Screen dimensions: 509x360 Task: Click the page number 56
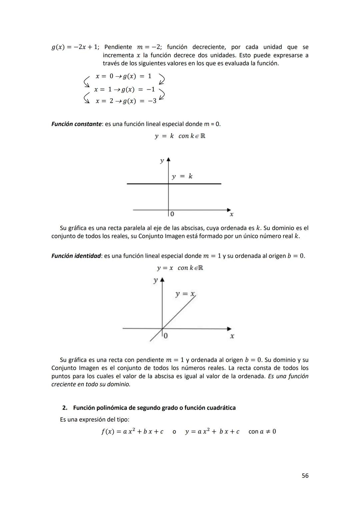305,476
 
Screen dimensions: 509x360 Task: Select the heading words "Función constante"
76,124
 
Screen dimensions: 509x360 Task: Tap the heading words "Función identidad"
76,256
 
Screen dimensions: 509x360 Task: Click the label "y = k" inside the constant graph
182,176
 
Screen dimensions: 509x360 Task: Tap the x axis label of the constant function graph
232,215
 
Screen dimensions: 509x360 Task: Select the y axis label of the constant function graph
162,161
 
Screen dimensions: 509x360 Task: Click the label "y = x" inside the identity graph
185,294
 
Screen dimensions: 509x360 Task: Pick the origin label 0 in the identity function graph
166,336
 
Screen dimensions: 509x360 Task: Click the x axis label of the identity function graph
232,336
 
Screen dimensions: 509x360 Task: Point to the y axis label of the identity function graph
155,280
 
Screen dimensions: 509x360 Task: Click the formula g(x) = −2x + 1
75,47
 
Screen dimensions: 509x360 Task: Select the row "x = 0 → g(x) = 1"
123,76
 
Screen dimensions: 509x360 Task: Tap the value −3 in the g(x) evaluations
152,101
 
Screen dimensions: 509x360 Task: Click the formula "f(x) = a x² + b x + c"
132,432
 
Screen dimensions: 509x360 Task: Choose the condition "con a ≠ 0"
262,432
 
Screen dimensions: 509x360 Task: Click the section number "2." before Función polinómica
65,408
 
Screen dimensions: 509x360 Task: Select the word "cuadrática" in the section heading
221,408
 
